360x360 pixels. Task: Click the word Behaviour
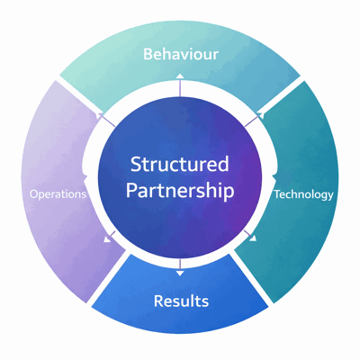180,54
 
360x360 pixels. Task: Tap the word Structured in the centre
180,165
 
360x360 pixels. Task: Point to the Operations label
58,193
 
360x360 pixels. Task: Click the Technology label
303,193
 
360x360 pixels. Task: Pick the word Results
181,300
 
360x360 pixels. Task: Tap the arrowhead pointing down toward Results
180,271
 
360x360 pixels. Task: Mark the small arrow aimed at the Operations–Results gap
109,239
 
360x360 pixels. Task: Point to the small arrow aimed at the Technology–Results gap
253,238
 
